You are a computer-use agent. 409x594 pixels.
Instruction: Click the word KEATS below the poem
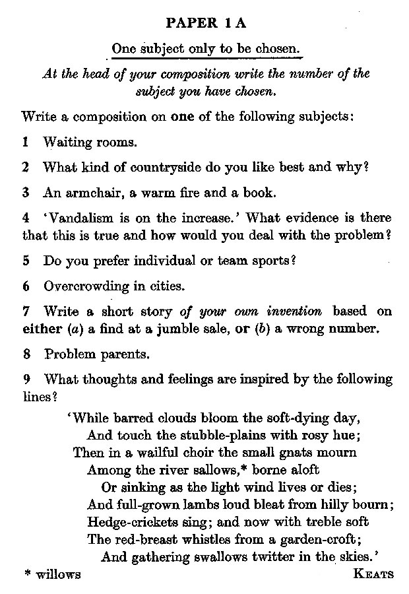373,574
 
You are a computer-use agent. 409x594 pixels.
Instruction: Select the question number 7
26,311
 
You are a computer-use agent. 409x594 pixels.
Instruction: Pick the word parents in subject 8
123,354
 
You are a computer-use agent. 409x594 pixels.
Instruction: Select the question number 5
26,260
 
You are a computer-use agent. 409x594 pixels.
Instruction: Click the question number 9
26,379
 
